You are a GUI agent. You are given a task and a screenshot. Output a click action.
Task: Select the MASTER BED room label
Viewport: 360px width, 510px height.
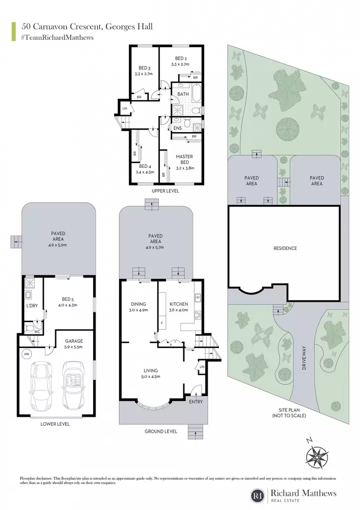pyautogui.click(x=184, y=159)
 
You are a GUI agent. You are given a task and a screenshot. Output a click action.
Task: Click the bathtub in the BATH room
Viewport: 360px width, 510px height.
pyautogui.click(x=196, y=94)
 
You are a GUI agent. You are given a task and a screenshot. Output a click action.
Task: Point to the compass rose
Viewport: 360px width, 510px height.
pyautogui.click(x=316, y=456)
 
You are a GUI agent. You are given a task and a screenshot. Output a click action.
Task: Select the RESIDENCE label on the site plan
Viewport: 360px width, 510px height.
pyautogui.click(x=285, y=248)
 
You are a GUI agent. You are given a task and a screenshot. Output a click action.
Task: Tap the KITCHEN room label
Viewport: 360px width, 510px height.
pyautogui.click(x=179, y=304)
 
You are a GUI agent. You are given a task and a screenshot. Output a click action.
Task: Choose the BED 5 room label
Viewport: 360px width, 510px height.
pyautogui.click(x=68, y=299)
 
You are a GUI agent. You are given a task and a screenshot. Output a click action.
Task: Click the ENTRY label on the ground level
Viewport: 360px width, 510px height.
pyautogui.click(x=196, y=402)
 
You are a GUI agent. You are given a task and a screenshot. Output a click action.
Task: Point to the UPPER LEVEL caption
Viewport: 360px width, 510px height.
pyautogui.click(x=165, y=191)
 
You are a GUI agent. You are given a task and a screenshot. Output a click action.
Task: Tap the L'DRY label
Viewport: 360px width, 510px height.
pyautogui.click(x=32, y=306)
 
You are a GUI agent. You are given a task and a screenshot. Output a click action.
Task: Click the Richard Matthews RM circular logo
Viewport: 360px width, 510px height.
pyautogui.click(x=258, y=496)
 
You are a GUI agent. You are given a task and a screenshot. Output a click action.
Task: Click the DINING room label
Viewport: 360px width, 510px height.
pyautogui.click(x=138, y=304)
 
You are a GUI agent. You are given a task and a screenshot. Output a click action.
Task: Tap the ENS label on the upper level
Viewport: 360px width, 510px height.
pyautogui.click(x=178, y=128)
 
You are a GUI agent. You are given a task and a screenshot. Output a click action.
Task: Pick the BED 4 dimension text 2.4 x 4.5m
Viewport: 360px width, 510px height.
pyautogui.click(x=145, y=172)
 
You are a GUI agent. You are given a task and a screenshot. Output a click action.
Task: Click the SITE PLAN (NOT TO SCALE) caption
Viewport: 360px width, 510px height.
pyautogui.click(x=289, y=413)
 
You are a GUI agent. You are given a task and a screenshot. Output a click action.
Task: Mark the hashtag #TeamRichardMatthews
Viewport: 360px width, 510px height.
pyautogui.click(x=57, y=37)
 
